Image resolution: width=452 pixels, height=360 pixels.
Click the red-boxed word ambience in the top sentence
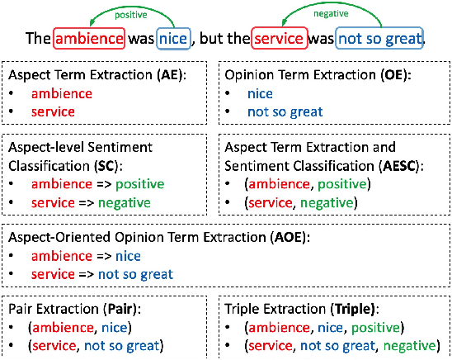click(89, 38)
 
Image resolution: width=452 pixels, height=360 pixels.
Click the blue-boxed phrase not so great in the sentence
click(379, 38)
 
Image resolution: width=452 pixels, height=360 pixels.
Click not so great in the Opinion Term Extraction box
click(285, 111)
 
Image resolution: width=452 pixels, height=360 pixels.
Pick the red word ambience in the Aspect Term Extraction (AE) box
click(62, 93)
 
